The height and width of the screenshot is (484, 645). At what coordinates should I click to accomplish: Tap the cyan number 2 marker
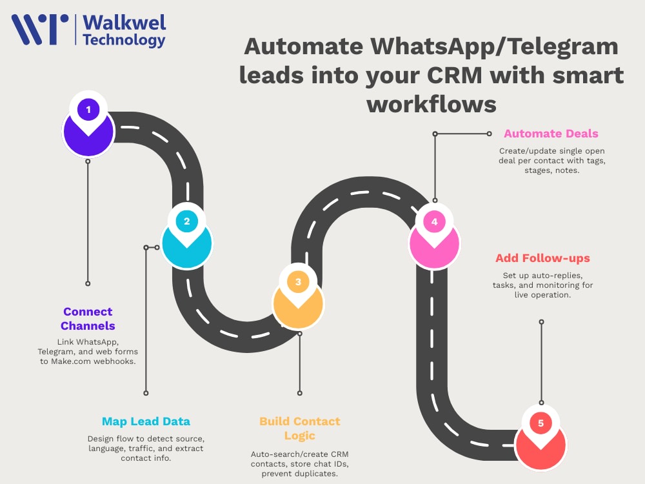(187, 236)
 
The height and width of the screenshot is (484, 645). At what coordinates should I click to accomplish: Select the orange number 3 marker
(298, 297)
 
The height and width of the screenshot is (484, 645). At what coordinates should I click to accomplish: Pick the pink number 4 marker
(434, 237)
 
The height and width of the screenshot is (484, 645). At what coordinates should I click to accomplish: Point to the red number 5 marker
(541, 438)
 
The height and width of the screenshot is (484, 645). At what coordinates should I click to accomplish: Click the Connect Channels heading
(88, 319)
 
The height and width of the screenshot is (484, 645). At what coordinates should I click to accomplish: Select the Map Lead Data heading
(146, 421)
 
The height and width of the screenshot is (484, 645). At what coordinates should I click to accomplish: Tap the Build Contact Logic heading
(299, 429)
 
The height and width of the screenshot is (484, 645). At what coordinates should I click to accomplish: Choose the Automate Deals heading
(551, 134)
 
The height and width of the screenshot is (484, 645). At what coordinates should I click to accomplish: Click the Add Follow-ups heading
(542, 258)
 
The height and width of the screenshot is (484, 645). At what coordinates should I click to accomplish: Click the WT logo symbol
(40, 29)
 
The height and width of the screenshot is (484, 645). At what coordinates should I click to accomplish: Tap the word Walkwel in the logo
(124, 23)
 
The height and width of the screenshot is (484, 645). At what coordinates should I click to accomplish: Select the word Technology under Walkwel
(124, 40)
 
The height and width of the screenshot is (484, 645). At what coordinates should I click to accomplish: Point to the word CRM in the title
(455, 76)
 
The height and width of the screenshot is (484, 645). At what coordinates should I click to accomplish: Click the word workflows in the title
(432, 104)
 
